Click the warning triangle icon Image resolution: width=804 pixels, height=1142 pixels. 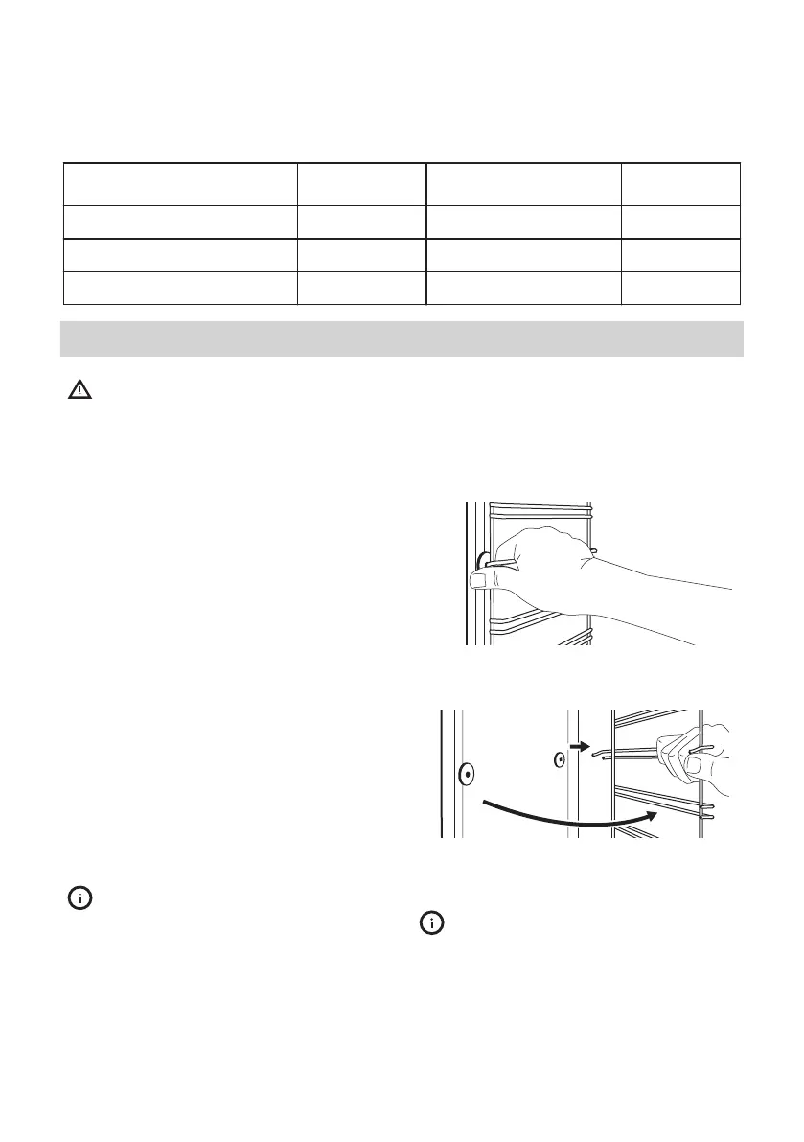(80, 390)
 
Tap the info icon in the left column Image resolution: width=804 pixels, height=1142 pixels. (80, 897)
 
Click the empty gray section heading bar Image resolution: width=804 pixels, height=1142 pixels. (402, 338)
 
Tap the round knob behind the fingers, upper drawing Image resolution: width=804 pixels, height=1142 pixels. (483, 560)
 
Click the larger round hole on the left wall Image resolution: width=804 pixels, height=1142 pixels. (466, 773)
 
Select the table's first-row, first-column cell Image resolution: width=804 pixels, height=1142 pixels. (179, 183)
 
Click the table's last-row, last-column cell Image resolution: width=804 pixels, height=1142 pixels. (680, 288)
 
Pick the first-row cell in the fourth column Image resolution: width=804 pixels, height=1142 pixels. (680, 183)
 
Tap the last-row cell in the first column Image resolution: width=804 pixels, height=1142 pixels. (179, 288)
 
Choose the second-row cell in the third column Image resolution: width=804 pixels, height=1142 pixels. (523, 221)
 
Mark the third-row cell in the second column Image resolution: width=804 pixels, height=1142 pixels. (361, 255)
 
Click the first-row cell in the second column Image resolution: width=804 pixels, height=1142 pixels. (361, 183)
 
